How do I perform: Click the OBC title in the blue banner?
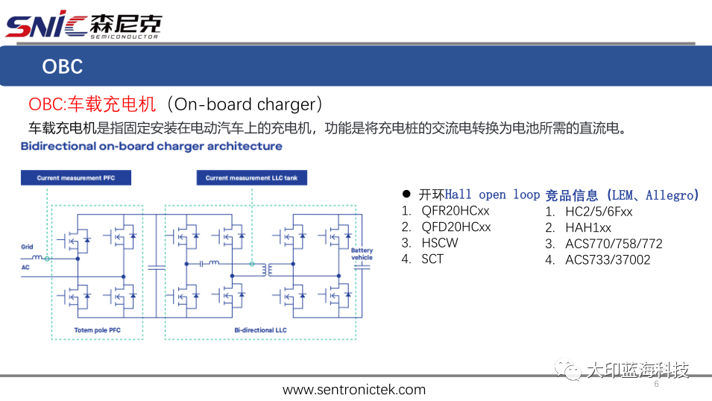62,66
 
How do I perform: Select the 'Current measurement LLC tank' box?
251,178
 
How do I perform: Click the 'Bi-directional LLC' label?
260,329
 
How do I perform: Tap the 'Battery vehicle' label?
362,254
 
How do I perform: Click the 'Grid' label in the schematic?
27,246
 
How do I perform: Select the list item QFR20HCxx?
456,211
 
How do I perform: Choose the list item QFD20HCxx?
456,227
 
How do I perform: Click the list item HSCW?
440,243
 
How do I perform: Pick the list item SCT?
432,259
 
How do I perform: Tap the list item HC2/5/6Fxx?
599,211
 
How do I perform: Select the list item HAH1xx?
588,227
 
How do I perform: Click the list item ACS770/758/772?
614,244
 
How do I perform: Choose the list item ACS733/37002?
608,259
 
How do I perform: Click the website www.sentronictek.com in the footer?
354,390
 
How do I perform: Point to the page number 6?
657,385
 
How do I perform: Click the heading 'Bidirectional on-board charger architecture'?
151,146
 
